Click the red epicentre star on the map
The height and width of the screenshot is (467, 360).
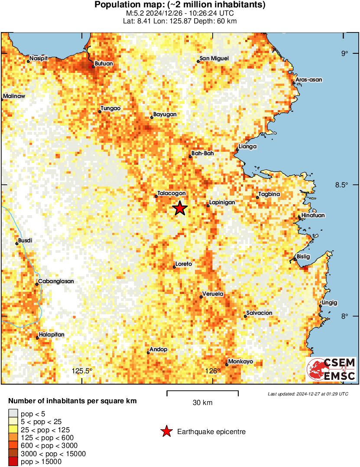(180, 209)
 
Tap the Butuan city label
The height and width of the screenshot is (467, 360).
(104, 63)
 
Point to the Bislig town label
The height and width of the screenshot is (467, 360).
(304, 257)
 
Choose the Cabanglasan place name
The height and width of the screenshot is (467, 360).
(56, 281)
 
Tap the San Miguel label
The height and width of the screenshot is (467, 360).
(214, 59)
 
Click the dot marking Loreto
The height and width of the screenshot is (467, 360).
(174, 267)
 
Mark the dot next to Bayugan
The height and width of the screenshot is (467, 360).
(152, 117)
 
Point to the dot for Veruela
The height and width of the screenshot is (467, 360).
(201, 297)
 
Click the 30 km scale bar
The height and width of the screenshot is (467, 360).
(202, 392)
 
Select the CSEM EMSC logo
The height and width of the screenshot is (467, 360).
(331, 369)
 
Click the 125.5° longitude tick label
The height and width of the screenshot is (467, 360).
(82, 371)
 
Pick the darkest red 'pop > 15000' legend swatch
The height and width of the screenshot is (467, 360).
(13, 462)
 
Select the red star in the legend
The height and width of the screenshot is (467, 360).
(166, 431)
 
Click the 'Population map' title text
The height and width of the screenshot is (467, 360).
(180, 5)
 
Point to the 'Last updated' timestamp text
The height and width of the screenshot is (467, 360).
(308, 394)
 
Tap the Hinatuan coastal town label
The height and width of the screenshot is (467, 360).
(313, 216)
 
